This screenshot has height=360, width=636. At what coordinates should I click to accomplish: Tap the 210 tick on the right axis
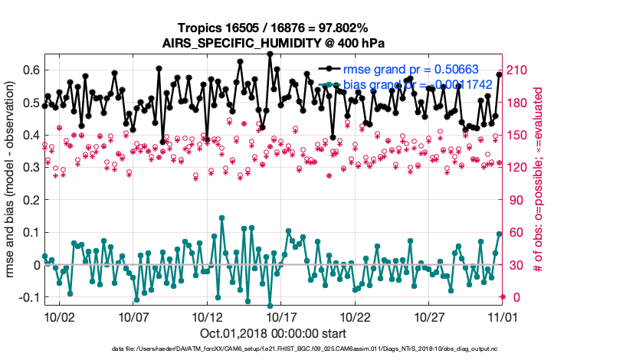pyautogui.click(x=519, y=70)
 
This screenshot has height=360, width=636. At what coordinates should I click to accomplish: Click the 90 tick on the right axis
pyautogui.click(x=516, y=200)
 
